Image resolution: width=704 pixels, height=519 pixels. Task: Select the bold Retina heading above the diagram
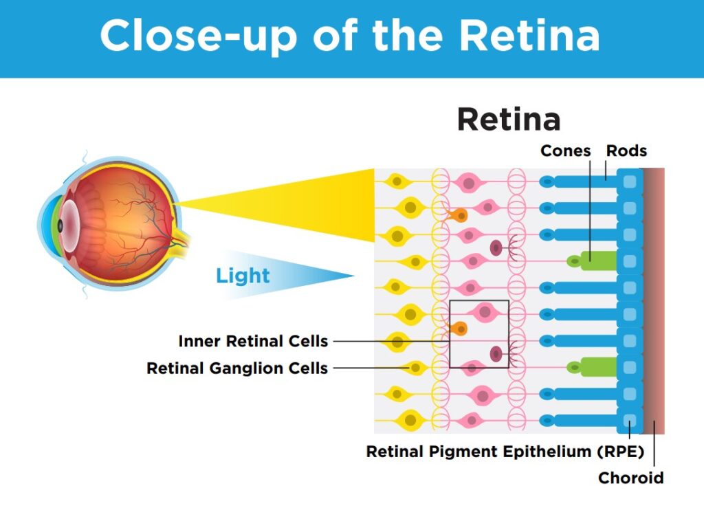(x=509, y=120)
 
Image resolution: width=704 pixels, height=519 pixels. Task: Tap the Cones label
(x=565, y=151)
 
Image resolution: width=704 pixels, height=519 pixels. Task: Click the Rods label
(x=626, y=151)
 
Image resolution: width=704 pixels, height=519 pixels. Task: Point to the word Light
(x=243, y=276)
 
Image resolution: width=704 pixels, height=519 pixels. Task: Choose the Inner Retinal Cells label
(x=253, y=341)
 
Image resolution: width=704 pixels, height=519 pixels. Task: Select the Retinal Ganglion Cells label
(x=237, y=368)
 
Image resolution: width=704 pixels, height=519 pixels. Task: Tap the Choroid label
(x=631, y=477)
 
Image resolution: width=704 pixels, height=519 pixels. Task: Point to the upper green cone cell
(x=595, y=261)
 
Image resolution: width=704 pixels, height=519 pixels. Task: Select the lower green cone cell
(x=595, y=367)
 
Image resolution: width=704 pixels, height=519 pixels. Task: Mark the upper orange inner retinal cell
(x=456, y=214)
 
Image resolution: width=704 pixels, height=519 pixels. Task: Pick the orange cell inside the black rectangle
(x=458, y=329)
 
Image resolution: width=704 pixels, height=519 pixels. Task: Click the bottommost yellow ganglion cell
(x=410, y=419)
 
